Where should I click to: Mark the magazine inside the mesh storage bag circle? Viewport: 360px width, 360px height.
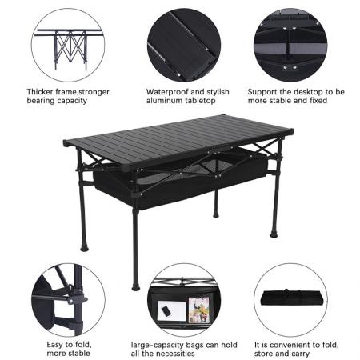point(198,308)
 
